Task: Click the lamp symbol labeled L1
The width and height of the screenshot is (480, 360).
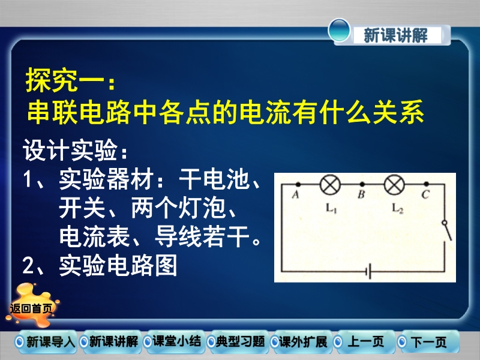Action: click(x=330, y=185)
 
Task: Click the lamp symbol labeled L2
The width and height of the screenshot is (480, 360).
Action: click(x=394, y=185)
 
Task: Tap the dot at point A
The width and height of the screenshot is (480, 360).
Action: click(x=298, y=184)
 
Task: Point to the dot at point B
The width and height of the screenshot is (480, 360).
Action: click(x=362, y=184)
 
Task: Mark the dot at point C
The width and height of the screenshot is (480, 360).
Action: click(x=427, y=184)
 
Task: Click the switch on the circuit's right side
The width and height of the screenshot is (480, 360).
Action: click(x=447, y=230)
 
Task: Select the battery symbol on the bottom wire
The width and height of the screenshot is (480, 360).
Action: click(x=368, y=271)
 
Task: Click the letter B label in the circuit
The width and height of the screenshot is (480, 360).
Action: click(x=362, y=194)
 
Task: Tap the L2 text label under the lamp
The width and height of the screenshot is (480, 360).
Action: click(x=397, y=209)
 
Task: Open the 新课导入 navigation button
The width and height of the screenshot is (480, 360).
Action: click(x=46, y=341)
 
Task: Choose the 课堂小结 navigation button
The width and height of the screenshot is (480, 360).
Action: click(x=173, y=341)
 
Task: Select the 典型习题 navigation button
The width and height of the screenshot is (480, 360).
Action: click(x=236, y=341)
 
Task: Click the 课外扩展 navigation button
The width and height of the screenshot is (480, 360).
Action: click(x=299, y=341)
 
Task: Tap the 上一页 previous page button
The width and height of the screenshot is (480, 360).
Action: click(x=363, y=341)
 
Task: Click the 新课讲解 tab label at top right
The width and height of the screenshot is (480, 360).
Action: click(x=396, y=35)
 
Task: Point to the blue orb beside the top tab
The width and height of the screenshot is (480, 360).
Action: click(x=339, y=31)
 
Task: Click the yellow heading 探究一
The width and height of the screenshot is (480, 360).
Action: click(x=70, y=80)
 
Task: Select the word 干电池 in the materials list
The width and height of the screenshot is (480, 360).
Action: click(x=214, y=179)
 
